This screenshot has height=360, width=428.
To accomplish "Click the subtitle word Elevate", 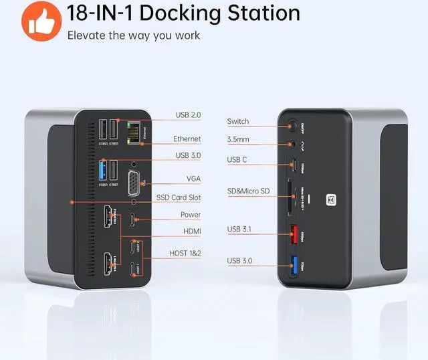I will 86,35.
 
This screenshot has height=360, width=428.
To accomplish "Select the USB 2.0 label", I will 188,114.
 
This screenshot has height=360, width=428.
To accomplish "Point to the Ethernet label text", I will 187,139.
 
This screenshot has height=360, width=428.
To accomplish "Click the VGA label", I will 193,179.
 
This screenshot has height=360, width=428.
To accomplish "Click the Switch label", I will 237,121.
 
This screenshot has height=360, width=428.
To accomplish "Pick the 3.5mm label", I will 237,139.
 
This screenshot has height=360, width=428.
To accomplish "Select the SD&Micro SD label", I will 248,192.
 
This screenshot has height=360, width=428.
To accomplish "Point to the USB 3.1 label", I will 240,230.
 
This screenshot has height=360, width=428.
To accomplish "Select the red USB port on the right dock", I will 293,236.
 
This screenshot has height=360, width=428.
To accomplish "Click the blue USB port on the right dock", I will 293,266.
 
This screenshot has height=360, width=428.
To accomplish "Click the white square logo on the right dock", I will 330,199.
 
